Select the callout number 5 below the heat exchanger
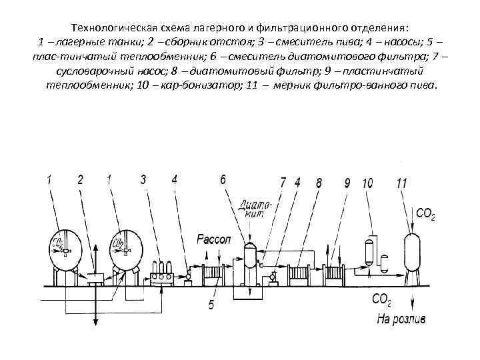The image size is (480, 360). [x=211, y=305]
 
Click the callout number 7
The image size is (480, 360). [x=283, y=181]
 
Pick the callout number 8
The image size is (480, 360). [x=319, y=181]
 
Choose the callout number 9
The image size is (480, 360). [x=347, y=181]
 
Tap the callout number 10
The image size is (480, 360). [x=367, y=182]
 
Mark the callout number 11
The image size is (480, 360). [x=401, y=182]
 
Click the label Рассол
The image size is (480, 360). [x=211, y=237]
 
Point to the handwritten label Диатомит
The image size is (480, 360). [x=254, y=209]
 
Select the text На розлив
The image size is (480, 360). [x=400, y=319]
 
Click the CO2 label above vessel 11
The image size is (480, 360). [x=425, y=214]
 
